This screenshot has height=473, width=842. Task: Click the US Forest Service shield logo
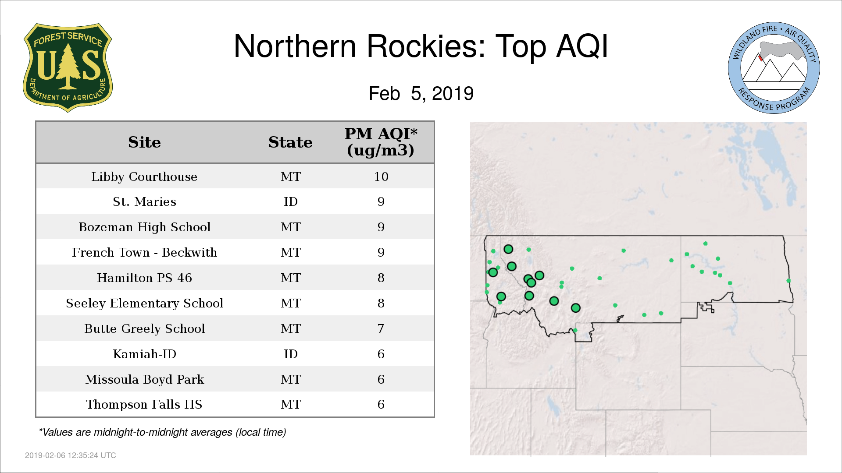(x=68, y=68)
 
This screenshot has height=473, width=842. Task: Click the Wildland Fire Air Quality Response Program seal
(x=774, y=68)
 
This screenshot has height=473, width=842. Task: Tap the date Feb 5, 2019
(x=421, y=94)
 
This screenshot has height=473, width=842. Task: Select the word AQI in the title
(x=582, y=46)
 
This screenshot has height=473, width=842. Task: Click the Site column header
(x=144, y=142)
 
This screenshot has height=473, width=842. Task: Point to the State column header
(x=290, y=142)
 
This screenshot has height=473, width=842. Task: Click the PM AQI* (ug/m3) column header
(x=381, y=142)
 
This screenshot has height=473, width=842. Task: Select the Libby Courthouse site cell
(x=144, y=176)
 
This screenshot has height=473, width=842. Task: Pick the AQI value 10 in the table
(x=381, y=176)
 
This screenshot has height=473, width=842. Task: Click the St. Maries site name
(x=144, y=201)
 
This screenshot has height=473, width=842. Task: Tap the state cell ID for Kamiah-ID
(x=291, y=354)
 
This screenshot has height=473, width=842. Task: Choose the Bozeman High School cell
(x=144, y=227)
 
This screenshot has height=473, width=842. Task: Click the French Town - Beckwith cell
(x=144, y=252)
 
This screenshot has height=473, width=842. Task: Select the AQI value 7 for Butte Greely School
(x=381, y=328)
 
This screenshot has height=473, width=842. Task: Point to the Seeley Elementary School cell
(x=144, y=303)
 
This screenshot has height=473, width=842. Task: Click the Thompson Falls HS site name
(x=144, y=404)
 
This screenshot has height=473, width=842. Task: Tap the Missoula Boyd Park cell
(x=144, y=379)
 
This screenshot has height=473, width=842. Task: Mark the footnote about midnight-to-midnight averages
(x=162, y=432)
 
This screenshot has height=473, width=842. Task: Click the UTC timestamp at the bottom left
(x=71, y=455)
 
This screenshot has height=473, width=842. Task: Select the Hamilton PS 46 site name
(x=144, y=278)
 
